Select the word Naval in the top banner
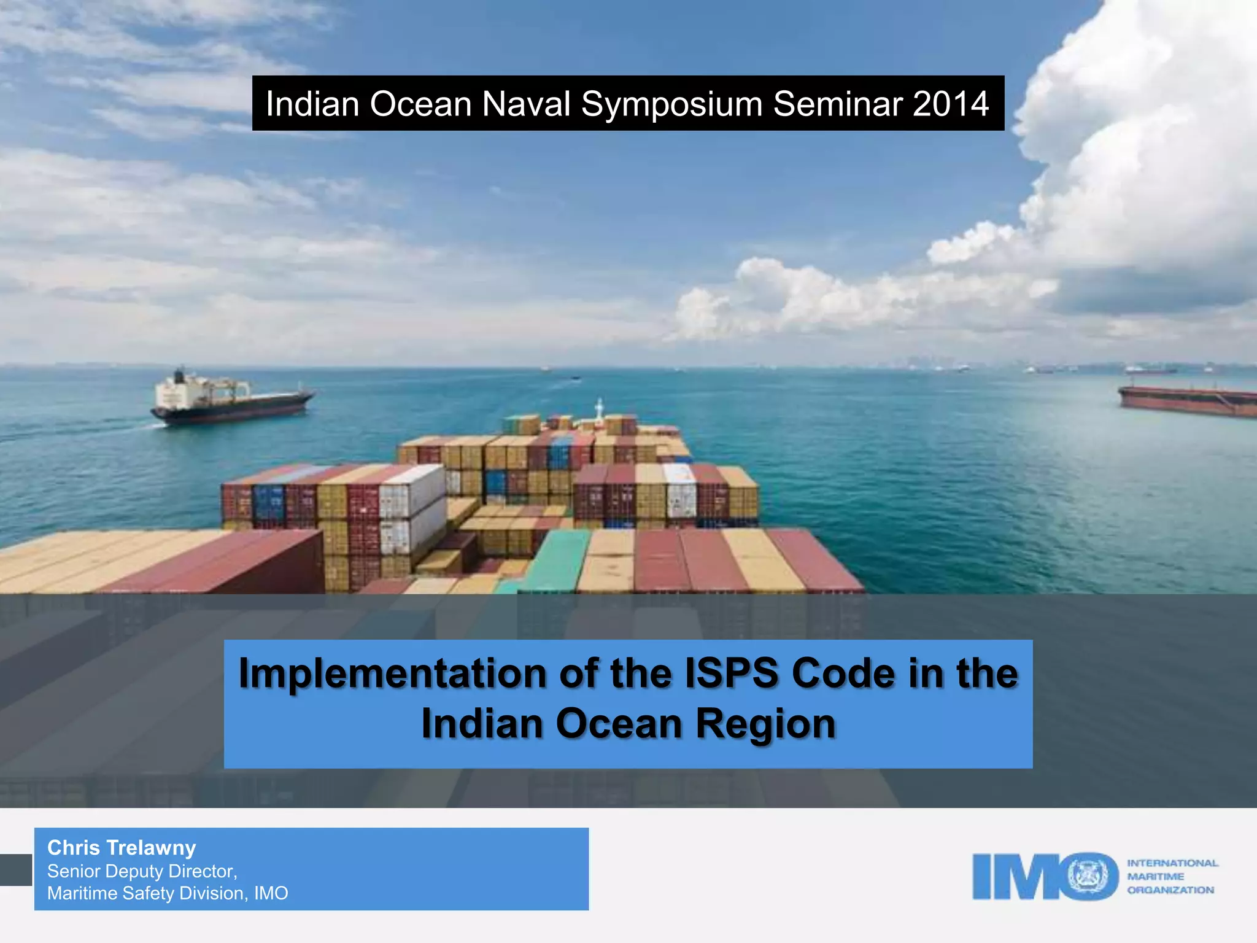526,104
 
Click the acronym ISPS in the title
731,673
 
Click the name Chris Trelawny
122,848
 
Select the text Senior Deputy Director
142,871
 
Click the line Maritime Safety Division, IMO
168,893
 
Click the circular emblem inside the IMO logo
1092,876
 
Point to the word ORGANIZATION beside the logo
1170,890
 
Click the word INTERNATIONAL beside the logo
1172,863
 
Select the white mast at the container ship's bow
600,408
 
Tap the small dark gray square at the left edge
15,870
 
